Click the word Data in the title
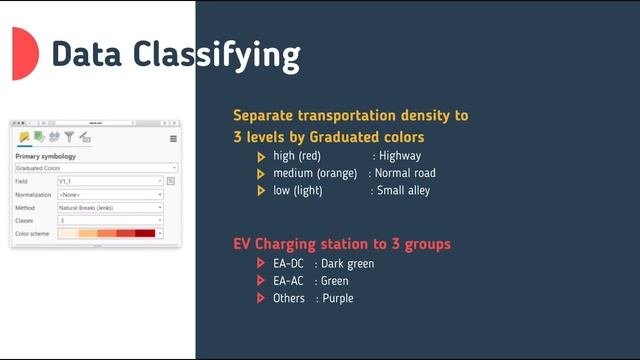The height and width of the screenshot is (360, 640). [x=90, y=54]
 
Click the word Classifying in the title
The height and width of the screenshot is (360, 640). [x=218, y=54]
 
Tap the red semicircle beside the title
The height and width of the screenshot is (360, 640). [x=24, y=54]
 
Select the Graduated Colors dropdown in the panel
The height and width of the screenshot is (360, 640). [x=96, y=168]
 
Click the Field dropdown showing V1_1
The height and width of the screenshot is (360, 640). [x=109, y=181]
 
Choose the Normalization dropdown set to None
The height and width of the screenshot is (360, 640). [x=109, y=194]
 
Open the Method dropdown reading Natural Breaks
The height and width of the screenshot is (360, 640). [x=109, y=207]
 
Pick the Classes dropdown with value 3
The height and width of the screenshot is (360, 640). [x=109, y=220]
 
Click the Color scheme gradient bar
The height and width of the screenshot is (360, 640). [x=107, y=233]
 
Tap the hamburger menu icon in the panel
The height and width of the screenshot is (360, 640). [x=173, y=138]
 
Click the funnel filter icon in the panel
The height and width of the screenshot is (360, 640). [x=70, y=137]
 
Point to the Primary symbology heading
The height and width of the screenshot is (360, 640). [x=46, y=156]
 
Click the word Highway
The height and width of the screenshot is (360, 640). [x=399, y=156]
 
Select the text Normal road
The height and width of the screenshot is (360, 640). [x=406, y=173]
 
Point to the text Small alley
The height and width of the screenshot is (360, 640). [x=403, y=190]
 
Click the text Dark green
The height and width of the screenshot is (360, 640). [x=348, y=264]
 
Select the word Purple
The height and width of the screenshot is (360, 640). [x=338, y=298]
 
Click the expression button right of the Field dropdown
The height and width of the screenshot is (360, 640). [x=171, y=181]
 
